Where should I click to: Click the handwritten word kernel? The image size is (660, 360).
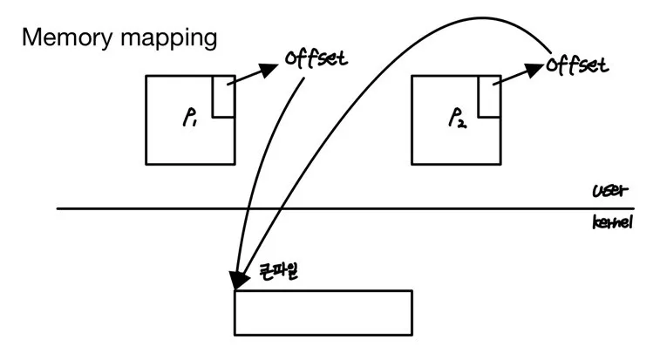pyautogui.click(x=611, y=223)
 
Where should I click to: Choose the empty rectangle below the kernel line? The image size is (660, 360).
pyautogui.click(x=323, y=312)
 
